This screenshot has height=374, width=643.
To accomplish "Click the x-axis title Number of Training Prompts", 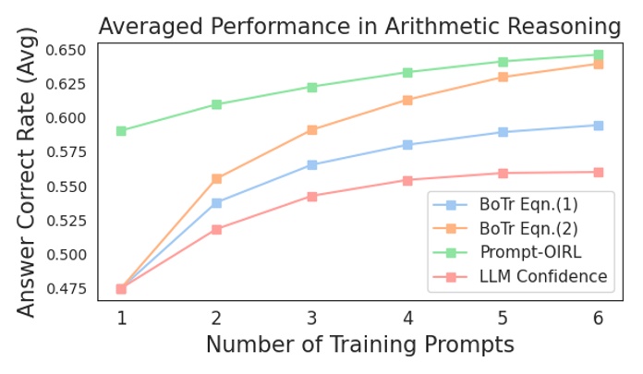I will (x=359, y=345).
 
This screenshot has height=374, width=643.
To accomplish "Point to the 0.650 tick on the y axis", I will (x=65, y=50).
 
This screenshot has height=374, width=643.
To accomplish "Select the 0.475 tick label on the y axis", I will (x=65, y=289).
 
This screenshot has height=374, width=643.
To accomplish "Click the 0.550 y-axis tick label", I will (x=65, y=187).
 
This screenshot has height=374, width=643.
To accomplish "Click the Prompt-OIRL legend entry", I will (x=530, y=252).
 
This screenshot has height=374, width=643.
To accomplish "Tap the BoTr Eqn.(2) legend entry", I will (x=528, y=228).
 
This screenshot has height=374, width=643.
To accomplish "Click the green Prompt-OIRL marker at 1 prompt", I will (x=121, y=131).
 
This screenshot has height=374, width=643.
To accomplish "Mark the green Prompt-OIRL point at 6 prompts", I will (x=599, y=55).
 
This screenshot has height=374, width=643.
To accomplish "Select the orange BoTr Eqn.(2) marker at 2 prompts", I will (x=217, y=179).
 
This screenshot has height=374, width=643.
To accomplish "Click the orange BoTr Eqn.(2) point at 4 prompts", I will (x=407, y=100).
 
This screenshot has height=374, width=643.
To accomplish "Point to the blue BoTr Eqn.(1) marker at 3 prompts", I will (x=312, y=165).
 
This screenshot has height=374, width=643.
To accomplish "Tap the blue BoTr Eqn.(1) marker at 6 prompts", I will (x=599, y=126).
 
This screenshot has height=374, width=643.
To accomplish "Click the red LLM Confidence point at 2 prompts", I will (x=217, y=230).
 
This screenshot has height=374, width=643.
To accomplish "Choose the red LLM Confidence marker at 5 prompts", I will (x=503, y=174).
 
